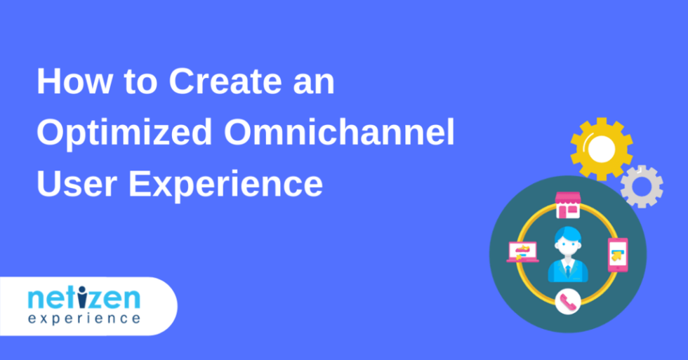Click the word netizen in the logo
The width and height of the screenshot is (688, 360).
point(84,298)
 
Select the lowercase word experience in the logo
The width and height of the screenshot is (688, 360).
point(84,319)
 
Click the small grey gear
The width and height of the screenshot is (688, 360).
point(642,187)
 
